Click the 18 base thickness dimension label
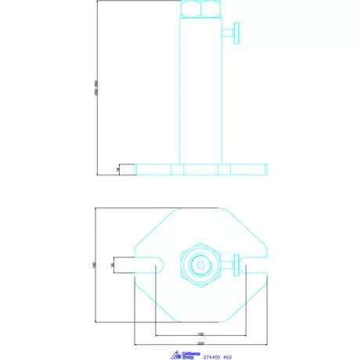click(117, 169)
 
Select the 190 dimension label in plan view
click(95, 265)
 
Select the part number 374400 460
click(217, 357)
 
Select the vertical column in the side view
click(201, 90)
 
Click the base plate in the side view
click(201, 169)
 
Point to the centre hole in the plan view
click(201, 265)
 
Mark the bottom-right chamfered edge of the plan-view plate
click(247, 304)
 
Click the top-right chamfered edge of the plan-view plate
click(247, 227)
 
